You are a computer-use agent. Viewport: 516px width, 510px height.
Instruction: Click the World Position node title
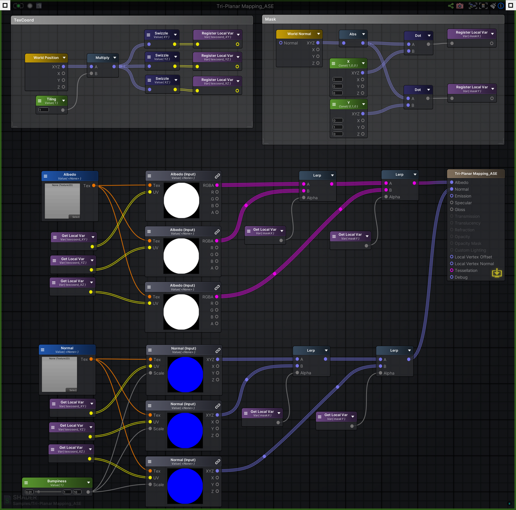(x=46, y=58)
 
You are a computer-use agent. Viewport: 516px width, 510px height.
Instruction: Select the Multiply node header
(x=102, y=58)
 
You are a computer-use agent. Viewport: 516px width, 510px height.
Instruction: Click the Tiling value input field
(x=44, y=110)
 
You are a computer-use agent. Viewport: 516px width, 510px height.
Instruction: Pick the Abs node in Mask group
(x=353, y=34)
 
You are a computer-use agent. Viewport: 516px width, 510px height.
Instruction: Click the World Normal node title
(x=299, y=34)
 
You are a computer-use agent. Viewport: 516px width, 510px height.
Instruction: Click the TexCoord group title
(x=24, y=20)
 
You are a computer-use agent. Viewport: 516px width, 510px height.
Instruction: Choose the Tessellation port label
(x=466, y=271)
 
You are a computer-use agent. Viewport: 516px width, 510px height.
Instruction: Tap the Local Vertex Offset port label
(x=473, y=257)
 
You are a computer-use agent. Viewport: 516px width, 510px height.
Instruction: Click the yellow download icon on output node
(x=497, y=273)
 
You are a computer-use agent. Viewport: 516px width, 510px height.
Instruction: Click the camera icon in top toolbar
(x=460, y=6)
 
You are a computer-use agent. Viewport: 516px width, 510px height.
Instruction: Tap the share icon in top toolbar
(x=451, y=6)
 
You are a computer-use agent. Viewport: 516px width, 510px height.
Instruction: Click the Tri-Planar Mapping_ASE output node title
(x=476, y=174)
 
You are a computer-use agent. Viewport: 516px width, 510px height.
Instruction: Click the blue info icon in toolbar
(x=501, y=6)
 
